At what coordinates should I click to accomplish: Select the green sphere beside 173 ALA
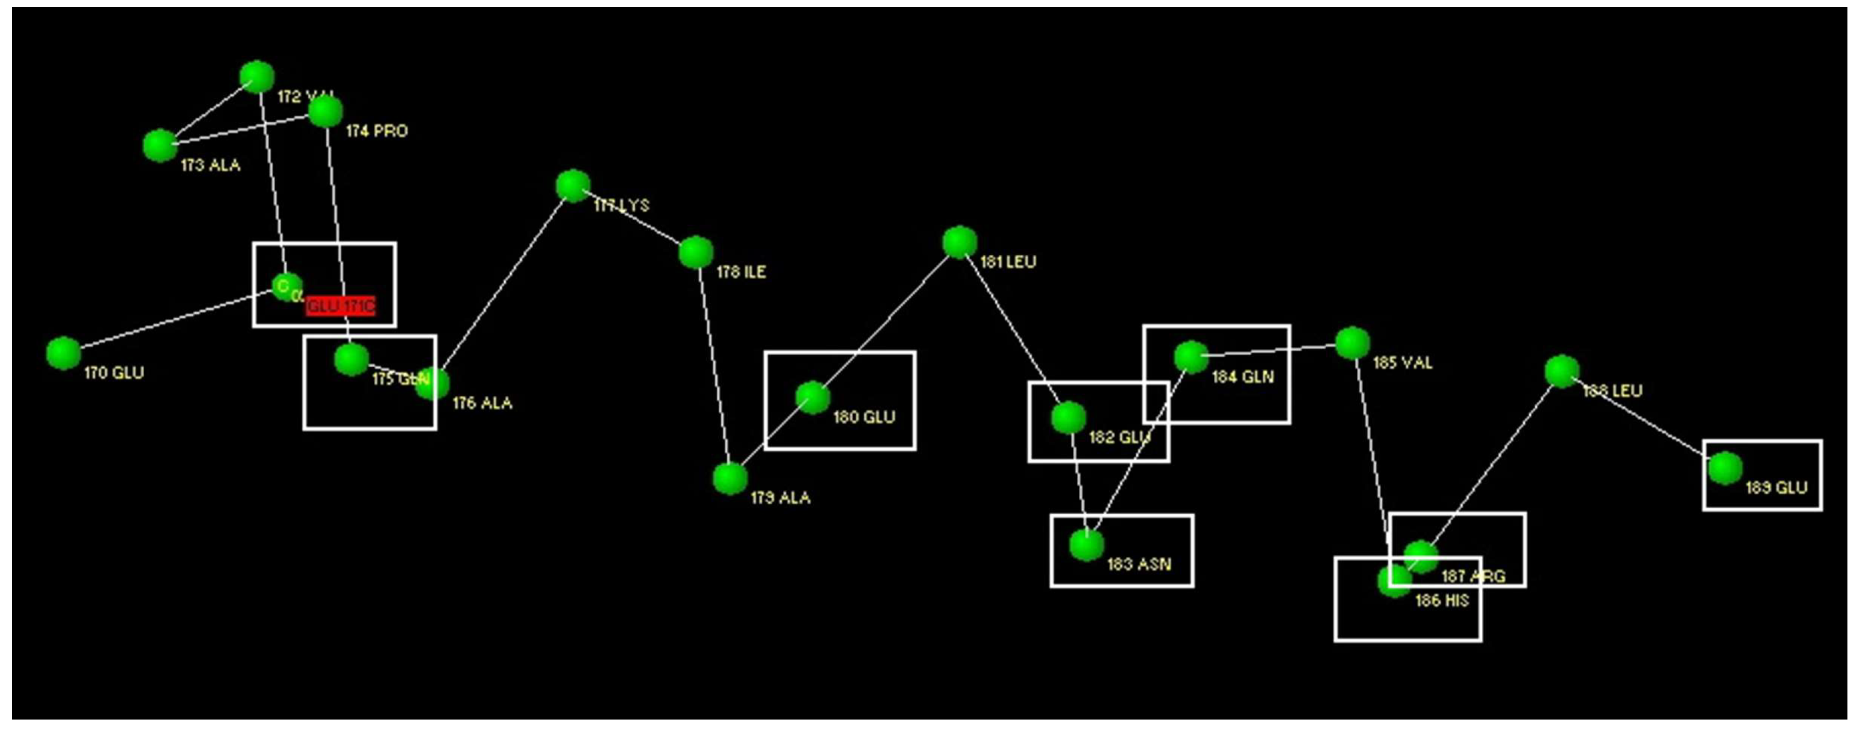160,146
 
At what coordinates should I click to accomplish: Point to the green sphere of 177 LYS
573,186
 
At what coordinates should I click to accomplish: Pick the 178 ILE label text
741,272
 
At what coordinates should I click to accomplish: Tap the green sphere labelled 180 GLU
813,397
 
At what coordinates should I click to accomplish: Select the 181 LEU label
1008,262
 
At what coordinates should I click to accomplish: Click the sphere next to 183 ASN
1086,545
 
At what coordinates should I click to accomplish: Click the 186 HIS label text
1442,601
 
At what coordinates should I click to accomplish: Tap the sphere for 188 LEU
1562,371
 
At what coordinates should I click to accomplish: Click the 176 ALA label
482,404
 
